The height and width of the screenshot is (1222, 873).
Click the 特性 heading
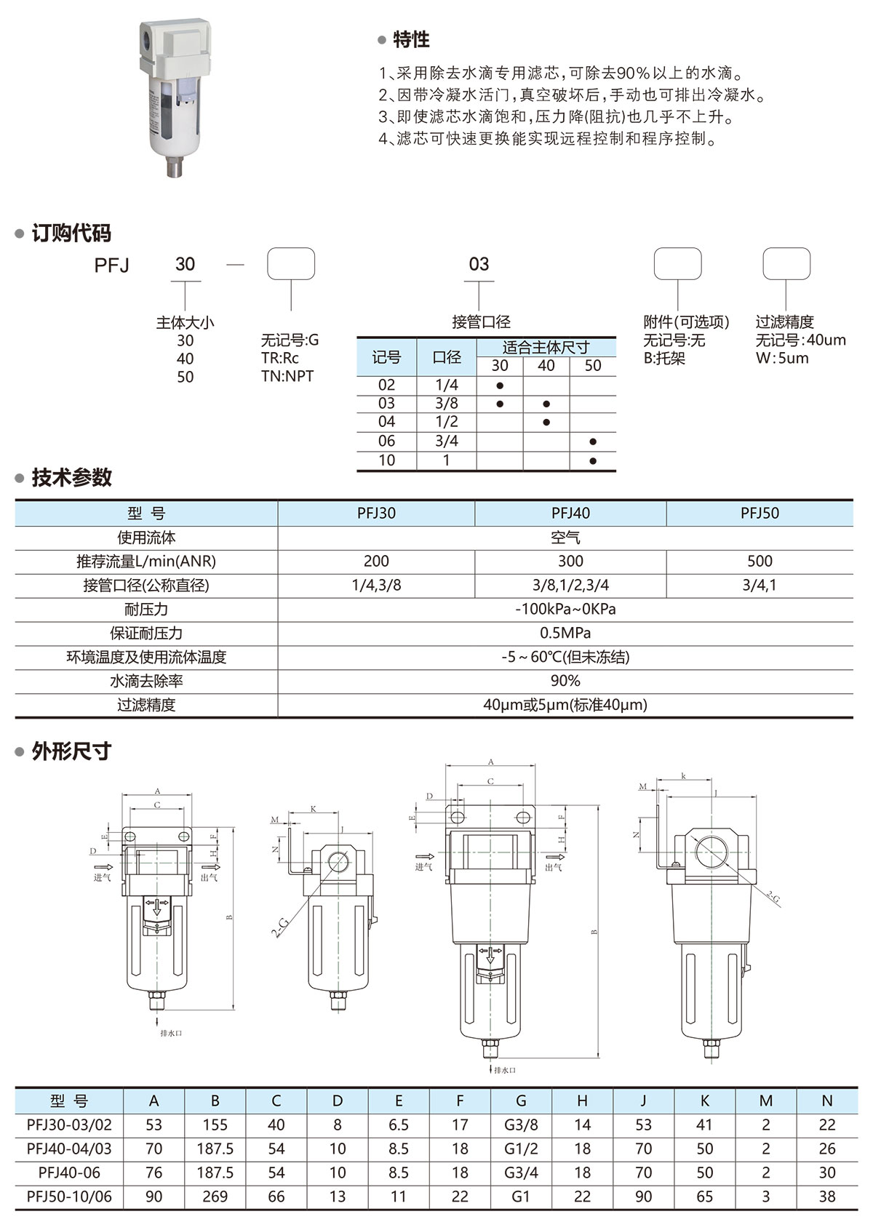[411, 40]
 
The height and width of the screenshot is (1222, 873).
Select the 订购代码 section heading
[71, 233]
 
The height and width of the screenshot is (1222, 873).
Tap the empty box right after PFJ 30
[291, 264]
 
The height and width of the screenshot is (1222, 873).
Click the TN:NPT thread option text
[287, 376]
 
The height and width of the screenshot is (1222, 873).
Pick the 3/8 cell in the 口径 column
[447, 403]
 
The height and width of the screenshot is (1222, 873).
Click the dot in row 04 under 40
[546, 422]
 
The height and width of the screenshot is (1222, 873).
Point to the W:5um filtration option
[782, 358]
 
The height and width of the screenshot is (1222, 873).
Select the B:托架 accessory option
[664, 358]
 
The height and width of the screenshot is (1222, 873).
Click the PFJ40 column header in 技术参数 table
[570, 513]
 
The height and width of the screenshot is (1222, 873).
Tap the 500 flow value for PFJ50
[760, 561]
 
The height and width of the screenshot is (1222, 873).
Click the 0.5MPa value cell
[565, 633]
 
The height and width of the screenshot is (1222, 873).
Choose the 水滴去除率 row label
[146, 681]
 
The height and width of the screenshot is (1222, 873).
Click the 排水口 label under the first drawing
[171, 1034]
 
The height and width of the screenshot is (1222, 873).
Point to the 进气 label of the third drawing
[423, 867]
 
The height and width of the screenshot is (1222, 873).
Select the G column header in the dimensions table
[521, 1101]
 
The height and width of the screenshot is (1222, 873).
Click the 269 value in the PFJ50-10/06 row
[215, 1197]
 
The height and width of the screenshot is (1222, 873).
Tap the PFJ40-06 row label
[69, 1173]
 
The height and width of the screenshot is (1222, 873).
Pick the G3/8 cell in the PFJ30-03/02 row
[521, 1125]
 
